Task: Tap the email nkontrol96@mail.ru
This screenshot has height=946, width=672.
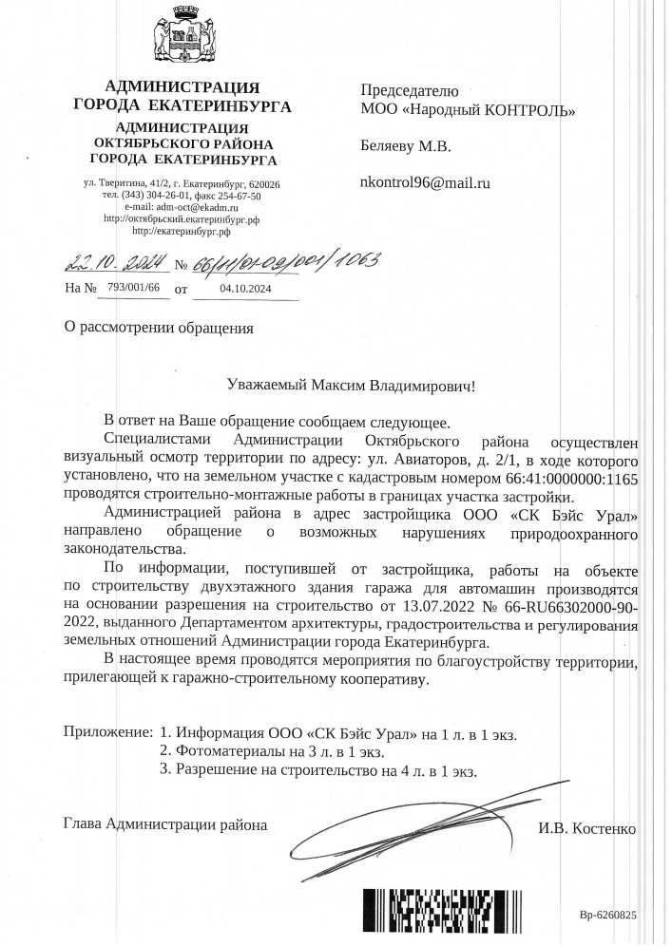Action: [x=424, y=181]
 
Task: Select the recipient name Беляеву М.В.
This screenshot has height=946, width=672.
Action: [x=405, y=146]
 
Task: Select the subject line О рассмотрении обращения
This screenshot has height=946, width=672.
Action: [x=159, y=329]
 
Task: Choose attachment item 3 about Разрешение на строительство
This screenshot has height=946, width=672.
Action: [x=317, y=770]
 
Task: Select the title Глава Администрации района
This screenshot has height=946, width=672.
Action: [x=165, y=823]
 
